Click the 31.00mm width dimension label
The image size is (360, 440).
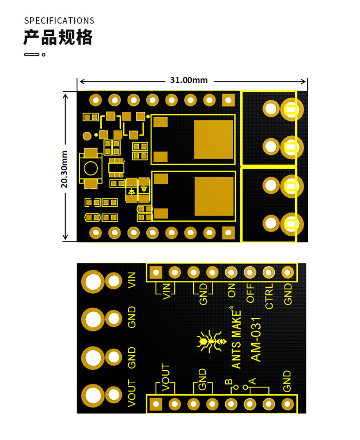click(189, 80)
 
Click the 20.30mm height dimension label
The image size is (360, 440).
click(64, 169)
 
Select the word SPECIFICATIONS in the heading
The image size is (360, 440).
click(59, 21)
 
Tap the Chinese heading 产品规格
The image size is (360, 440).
click(58, 37)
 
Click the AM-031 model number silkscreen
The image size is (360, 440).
click(256, 339)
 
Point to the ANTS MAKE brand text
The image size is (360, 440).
click(236, 339)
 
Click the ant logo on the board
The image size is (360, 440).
click(211, 341)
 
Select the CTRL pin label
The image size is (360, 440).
click(269, 296)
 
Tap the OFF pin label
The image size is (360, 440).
click(250, 293)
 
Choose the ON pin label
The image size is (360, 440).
click(231, 290)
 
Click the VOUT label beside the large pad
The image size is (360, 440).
click(131, 393)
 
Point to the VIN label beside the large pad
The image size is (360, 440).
click(131, 280)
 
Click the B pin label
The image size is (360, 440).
click(229, 382)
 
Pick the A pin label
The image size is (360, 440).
click(252, 381)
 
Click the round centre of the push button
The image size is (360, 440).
click(91, 168)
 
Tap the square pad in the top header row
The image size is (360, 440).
click(228, 100)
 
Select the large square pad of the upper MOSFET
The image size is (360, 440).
click(214, 139)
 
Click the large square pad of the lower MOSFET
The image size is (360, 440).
click(214, 196)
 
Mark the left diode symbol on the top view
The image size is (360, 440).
click(131, 192)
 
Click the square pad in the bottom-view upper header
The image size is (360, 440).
click(156, 272)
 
